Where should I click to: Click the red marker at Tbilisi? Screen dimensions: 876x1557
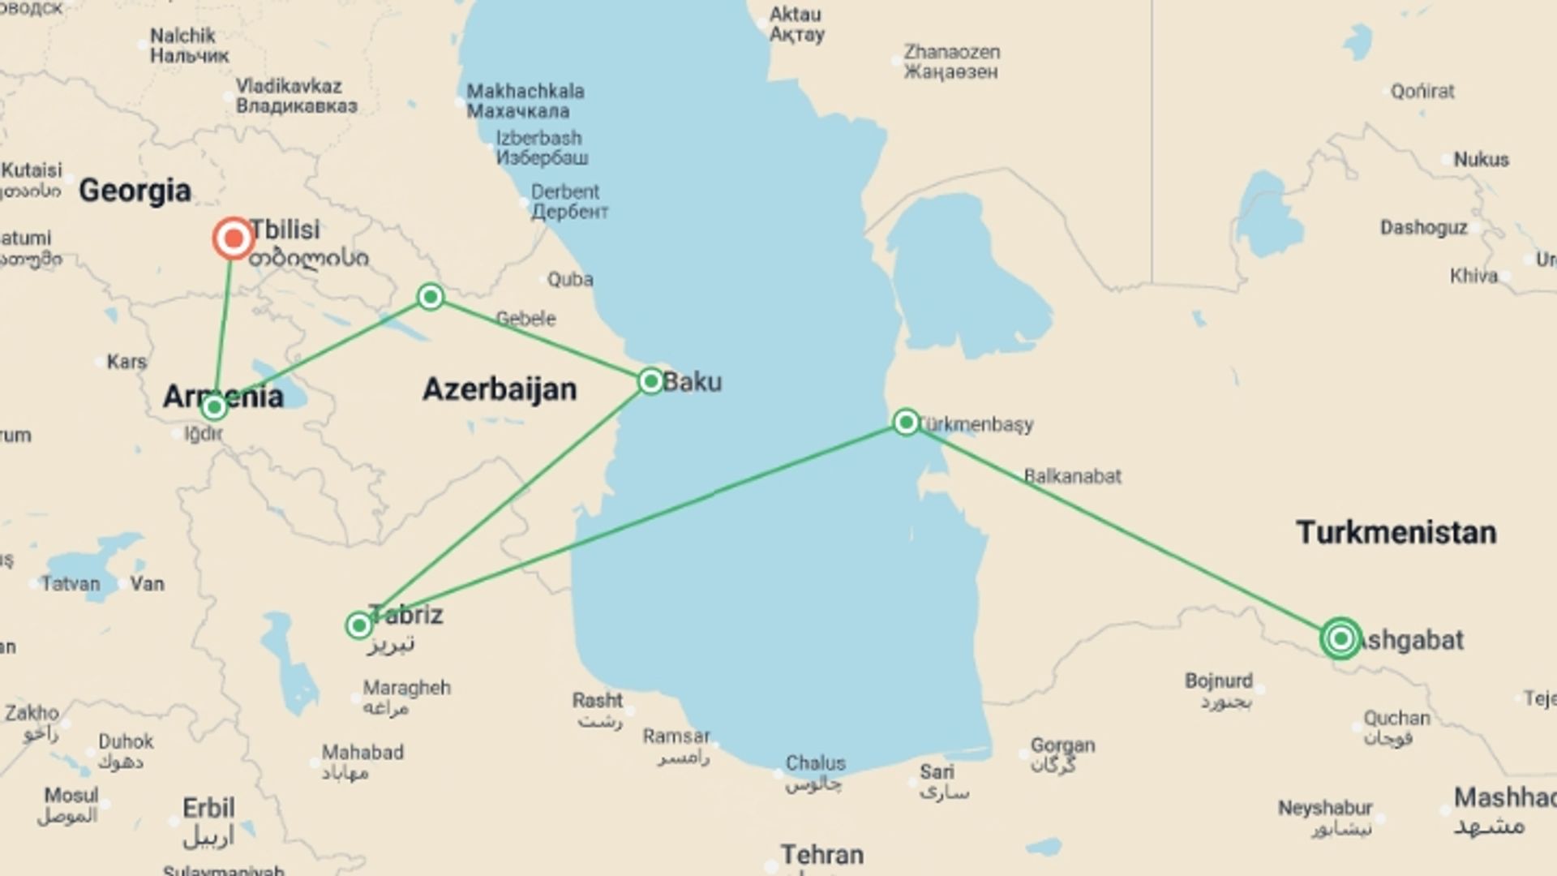pos(234,238)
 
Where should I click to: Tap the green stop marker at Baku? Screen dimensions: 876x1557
pos(651,381)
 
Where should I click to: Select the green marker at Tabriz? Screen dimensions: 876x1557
pos(358,625)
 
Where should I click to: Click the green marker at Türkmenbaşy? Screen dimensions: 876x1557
pos(906,422)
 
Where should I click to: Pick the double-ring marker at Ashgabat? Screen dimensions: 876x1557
pos(1340,639)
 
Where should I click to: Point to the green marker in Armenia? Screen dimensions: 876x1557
pos(214,406)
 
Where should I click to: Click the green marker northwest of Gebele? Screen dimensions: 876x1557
pos(431,297)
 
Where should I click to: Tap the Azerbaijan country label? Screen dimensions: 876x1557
pos(500,389)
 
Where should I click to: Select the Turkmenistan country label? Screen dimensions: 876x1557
pos(1396,533)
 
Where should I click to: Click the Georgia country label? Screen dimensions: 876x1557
pos(135,191)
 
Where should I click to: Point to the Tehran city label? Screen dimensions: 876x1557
pos(821,855)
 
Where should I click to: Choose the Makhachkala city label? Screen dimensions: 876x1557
pos(525,91)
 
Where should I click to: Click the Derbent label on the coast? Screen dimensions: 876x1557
pos(565,192)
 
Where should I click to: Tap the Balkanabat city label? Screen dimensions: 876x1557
pos(1072,476)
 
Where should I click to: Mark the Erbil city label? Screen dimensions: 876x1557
pos(208,809)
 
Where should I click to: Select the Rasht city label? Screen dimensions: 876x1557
pos(598,700)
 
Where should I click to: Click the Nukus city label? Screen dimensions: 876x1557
pos(1481,160)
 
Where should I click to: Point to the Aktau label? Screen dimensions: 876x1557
pos(795,15)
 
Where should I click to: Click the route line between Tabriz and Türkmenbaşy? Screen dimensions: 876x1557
pos(633,524)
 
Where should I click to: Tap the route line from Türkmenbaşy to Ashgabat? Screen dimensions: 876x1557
pos(1123,530)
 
